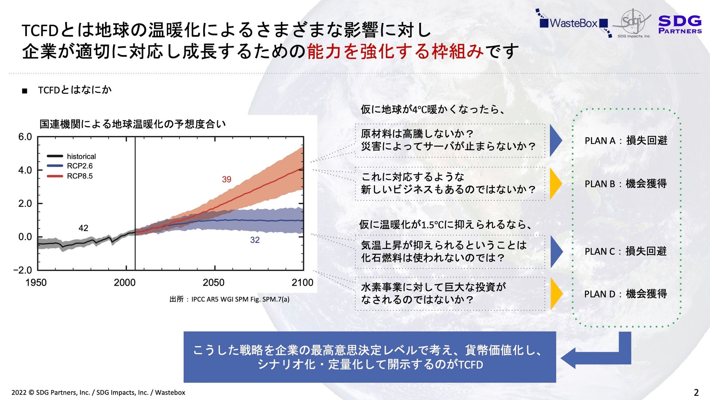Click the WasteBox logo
(573, 23)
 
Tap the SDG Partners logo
(680, 24)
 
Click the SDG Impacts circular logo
(633, 23)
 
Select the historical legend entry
(71, 156)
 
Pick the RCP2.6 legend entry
(70, 166)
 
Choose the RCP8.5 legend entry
(70, 176)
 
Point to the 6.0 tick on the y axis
(25, 137)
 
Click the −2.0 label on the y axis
(23, 270)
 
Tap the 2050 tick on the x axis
(213, 282)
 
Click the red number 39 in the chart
(226, 179)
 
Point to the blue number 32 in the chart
(255, 240)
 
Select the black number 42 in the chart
(83, 228)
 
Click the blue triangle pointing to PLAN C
(556, 252)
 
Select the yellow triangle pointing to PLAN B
(556, 184)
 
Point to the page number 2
(696, 392)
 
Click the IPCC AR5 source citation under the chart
(229, 299)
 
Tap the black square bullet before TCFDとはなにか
(25, 91)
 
